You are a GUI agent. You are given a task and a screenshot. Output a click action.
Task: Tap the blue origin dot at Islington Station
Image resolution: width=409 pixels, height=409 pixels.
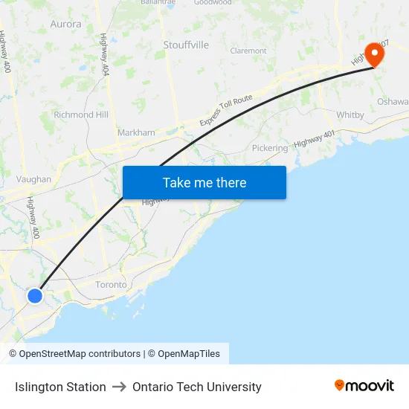pos(35,296)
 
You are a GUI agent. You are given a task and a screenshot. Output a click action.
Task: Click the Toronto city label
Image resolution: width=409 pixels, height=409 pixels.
pos(111,285)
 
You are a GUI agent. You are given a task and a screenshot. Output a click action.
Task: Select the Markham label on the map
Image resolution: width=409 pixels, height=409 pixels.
pos(136,133)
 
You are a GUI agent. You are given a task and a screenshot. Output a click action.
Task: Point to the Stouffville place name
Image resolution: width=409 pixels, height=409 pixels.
pos(186,45)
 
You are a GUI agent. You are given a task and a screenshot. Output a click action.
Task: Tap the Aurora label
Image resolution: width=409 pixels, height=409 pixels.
pos(65,24)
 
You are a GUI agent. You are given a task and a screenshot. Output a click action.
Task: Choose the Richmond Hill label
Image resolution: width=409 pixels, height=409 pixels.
pos(81,115)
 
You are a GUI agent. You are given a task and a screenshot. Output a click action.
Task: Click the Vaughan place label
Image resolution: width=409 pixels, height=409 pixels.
pos(33,179)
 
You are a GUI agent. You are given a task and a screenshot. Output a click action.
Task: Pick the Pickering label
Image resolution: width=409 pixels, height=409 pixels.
pos(269,148)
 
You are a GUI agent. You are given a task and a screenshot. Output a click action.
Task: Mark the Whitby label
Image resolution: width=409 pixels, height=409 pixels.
pos(350,115)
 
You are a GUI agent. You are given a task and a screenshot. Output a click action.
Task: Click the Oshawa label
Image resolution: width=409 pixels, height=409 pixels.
pos(393,102)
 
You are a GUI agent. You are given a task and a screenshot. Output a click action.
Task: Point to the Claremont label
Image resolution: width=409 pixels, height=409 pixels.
pos(248,51)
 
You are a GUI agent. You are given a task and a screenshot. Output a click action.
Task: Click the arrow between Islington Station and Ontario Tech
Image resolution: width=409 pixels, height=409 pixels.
pos(119,387)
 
